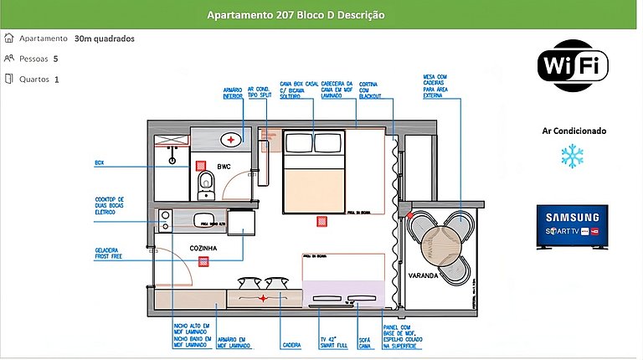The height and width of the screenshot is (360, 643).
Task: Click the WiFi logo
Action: coord(573,65)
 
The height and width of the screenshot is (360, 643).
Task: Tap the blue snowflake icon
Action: coord(573,156)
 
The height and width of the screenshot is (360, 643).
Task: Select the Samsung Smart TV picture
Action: coord(573,227)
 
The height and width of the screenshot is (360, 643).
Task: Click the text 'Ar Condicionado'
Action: coord(574,131)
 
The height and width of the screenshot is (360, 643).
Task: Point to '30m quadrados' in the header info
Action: coord(104,39)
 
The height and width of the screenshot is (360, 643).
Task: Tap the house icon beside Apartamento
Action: coord(9,39)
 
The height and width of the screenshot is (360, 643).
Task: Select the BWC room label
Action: coord(224,167)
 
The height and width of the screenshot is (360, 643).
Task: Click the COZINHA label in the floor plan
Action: coord(203,248)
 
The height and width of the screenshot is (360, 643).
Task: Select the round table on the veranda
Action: coord(435,239)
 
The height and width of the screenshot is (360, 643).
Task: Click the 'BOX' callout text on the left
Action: coord(99,162)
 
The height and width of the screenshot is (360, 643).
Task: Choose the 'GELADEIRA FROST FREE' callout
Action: coord(111,253)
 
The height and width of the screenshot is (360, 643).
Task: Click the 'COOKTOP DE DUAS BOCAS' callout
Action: coord(111,205)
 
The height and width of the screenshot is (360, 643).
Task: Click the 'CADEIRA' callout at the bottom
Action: coord(291,343)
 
